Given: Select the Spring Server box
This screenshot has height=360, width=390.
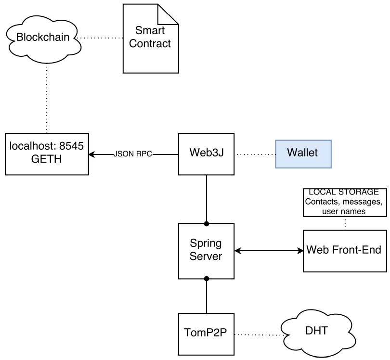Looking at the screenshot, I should point(206,251).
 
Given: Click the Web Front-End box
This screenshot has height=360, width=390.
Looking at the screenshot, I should point(344,250).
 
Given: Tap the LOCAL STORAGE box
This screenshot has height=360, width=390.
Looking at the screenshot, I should point(344,202).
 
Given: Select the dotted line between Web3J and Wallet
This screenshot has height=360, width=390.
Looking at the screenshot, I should point(255,154).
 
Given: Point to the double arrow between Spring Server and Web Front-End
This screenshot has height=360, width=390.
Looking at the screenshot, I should point(269,251).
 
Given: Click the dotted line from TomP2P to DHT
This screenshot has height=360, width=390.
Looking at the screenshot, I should point(258,334).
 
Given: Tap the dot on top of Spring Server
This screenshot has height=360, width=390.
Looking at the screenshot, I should point(207,223).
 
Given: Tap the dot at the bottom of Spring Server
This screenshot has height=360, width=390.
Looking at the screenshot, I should point(207,278).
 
